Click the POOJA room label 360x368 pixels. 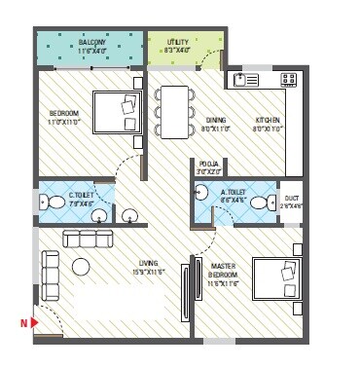208,164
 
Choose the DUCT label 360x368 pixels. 291,199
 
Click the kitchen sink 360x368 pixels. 244,79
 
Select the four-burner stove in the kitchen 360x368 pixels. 289,79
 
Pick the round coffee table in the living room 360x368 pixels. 81,266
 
